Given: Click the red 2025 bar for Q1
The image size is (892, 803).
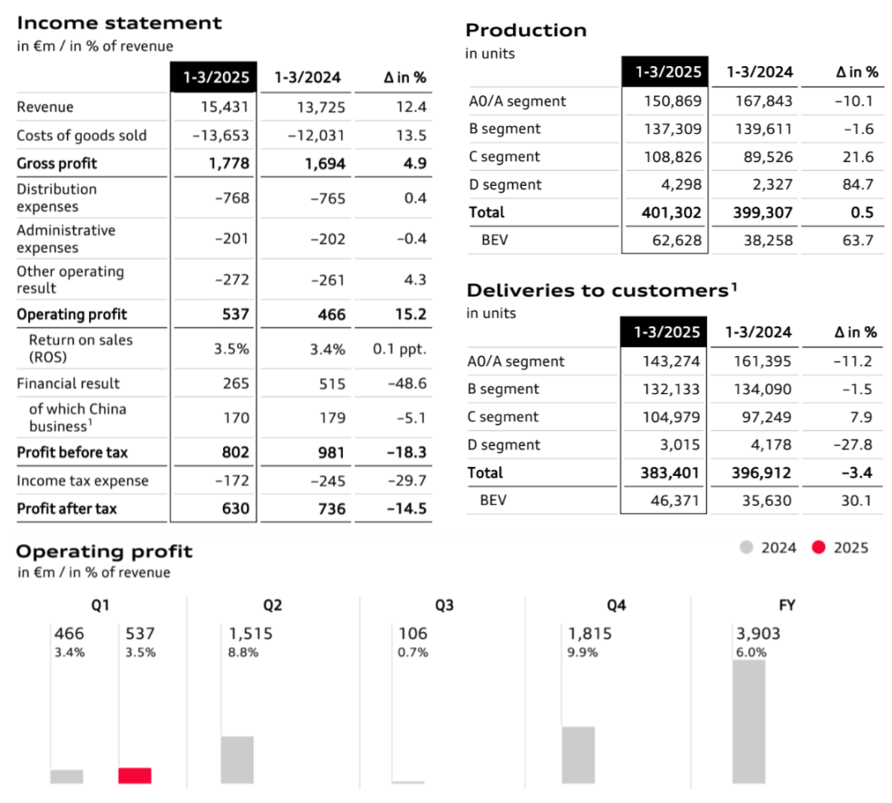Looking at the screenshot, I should coord(135,776).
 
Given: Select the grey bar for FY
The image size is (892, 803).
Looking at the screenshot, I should coord(748,721).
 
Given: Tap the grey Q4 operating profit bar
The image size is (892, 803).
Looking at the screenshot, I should coord(578,755).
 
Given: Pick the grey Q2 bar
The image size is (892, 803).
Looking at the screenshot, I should coord(237,759).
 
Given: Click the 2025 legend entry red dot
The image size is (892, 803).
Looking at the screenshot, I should coord(819,548).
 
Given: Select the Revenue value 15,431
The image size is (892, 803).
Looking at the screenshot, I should coord(225,107).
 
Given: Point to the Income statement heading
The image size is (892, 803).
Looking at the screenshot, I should coord(120,23).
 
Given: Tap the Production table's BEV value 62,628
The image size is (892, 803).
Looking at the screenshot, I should coord(673,240).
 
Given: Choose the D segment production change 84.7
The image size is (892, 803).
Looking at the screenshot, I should coord(857,185).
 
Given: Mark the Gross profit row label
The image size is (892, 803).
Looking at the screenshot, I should coord(57,164).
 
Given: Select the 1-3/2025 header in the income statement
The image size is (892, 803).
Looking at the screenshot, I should coord(213,78).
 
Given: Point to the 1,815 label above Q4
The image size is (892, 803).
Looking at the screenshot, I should coord(590,634).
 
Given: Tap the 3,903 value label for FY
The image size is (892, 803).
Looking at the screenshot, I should coord(758,634).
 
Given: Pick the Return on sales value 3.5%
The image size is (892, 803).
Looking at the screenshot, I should coord(231,349).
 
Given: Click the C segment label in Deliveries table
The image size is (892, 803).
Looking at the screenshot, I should coord(503,417).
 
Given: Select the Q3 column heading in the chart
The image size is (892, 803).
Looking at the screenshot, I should coord(444,606).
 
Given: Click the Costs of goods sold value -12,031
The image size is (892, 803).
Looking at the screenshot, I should coord(316,135).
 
